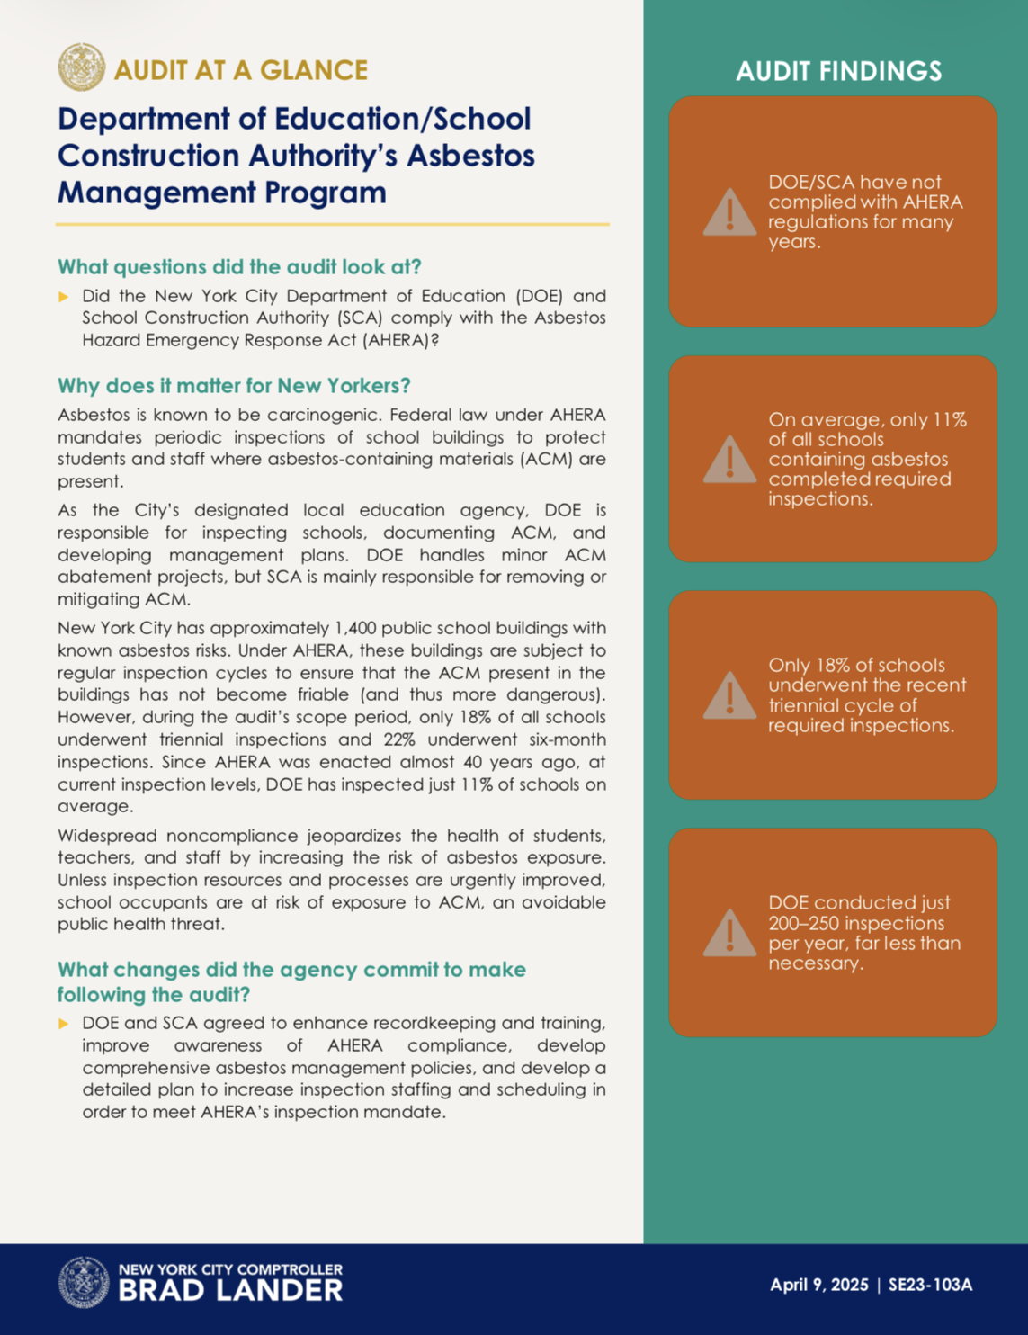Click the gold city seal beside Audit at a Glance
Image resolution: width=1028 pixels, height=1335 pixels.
82,67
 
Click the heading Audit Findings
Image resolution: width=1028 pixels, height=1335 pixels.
838,71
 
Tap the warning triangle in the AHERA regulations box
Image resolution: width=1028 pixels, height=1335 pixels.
729,213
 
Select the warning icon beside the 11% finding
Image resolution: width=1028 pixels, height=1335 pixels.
729,460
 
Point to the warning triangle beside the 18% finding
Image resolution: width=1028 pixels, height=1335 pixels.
729,695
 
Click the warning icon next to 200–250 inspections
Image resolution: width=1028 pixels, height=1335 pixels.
729,933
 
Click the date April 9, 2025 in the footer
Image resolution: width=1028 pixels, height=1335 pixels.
818,1285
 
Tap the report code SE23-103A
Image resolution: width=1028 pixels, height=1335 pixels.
930,1285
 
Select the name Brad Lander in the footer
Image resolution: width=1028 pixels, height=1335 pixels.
230,1291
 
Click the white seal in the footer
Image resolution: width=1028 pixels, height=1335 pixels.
84,1282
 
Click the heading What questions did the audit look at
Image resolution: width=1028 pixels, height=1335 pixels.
239,267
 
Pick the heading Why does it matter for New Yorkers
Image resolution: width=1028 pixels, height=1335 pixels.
234,386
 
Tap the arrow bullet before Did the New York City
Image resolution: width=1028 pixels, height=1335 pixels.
64,297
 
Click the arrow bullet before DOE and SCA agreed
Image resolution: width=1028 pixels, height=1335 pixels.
64,1024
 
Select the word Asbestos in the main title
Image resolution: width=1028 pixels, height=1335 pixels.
470,156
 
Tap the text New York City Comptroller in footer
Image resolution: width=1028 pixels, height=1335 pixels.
230,1269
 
